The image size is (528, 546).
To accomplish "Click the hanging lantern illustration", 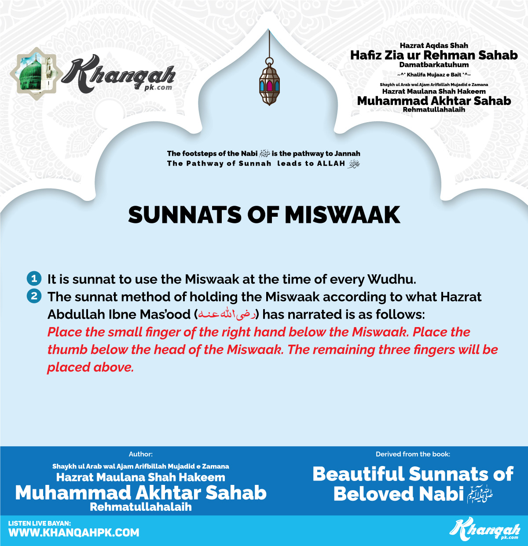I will pyautogui.click(x=269, y=84).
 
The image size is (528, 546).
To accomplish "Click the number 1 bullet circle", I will pyautogui.click(x=34, y=279).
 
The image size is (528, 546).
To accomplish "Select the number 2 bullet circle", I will pyautogui.click(x=34, y=296).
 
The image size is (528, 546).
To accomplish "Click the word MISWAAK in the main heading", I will pyautogui.click(x=342, y=215).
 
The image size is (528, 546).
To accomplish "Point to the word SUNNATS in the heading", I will pyautogui.click(x=185, y=215).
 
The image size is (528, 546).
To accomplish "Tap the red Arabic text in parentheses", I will pyautogui.click(x=227, y=314).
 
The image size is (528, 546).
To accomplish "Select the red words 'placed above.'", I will pyautogui.click(x=90, y=367).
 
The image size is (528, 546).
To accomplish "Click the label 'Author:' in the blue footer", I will pyautogui.click(x=141, y=454).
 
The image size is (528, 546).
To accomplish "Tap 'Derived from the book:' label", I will pyautogui.click(x=413, y=454).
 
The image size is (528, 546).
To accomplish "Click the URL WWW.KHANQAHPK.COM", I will pyautogui.click(x=74, y=533).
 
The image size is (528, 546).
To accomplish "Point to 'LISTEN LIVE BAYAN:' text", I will pyautogui.click(x=40, y=523).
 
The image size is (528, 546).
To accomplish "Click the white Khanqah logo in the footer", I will pyautogui.click(x=485, y=529).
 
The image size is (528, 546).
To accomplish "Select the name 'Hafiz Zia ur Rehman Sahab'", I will pyautogui.click(x=434, y=55).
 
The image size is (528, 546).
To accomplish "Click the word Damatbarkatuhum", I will pyautogui.click(x=434, y=65).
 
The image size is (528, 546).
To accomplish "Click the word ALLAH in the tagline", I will pyautogui.click(x=331, y=164).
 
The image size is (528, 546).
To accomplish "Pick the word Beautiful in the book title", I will pyautogui.click(x=358, y=474).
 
